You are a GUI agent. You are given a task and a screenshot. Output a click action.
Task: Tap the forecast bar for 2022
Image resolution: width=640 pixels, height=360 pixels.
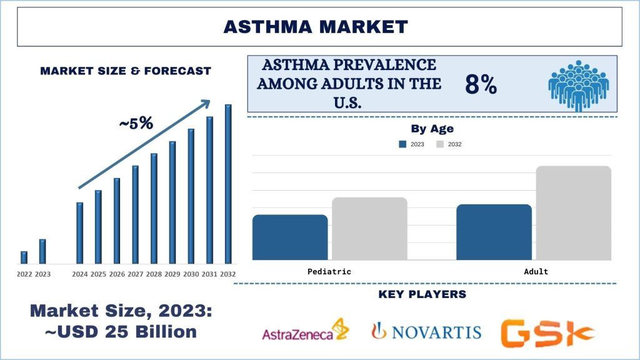pyautogui.click(x=24, y=257)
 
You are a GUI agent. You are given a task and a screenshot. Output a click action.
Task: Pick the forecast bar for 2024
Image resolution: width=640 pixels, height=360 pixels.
pyautogui.click(x=79, y=232)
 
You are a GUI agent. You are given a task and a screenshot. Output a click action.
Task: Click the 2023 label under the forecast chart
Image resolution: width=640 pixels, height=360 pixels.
pyautogui.click(x=42, y=274)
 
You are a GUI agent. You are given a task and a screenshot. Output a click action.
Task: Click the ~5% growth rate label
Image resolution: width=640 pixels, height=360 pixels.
pyautogui.click(x=136, y=123)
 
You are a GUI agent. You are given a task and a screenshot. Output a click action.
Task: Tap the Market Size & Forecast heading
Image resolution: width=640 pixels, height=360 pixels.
pyautogui.click(x=126, y=71)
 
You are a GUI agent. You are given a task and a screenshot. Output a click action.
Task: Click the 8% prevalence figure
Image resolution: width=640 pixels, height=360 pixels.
pyautogui.click(x=481, y=85)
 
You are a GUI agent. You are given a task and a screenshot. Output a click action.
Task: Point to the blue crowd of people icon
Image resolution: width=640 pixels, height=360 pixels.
pyautogui.click(x=577, y=85)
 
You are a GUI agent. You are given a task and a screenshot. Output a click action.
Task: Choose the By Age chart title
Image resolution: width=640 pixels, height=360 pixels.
pyautogui.click(x=432, y=129)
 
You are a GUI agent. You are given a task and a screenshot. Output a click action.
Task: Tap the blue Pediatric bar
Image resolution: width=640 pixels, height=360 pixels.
pyautogui.click(x=290, y=237)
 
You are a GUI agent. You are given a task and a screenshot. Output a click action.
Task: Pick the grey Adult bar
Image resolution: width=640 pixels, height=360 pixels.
pyautogui.click(x=573, y=213)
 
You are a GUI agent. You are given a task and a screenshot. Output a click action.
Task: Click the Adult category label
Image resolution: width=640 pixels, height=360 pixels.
pyautogui.click(x=536, y=272)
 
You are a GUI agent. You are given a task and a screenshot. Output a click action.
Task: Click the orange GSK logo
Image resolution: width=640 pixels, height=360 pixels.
pyautogui.click(x=547, y=333)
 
